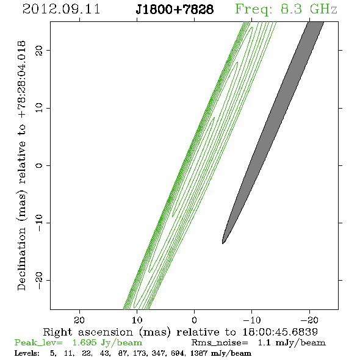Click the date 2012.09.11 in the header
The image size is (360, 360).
click(x=62, y=9)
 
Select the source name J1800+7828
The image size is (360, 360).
click(x=175, y=9)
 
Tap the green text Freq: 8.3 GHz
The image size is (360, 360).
click(x=286, y=10)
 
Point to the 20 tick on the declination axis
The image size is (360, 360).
click(x=39, y=50)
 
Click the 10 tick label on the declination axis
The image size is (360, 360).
click(x=39, y=108)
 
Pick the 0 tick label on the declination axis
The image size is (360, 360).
click(x=39, y=165)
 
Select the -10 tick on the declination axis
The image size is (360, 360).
click(x=39, y=223)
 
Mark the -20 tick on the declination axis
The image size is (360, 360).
click(x=39, y=281)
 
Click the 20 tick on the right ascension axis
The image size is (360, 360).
click(x=79, y=320)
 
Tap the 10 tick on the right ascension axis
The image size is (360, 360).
click(x=137, y=320)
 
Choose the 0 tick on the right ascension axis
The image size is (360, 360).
click(x=195, y=320)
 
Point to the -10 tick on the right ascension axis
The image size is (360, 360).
click(x=252, y=320)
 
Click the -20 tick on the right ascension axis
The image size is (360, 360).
click(x=309, y=320)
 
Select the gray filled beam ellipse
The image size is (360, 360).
click(x=273, y=132)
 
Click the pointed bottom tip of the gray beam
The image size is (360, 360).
click(x=223, y=243)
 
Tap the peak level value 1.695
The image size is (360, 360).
click(x=84, y=342)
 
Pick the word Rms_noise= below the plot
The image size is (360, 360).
click(x=220, y=343)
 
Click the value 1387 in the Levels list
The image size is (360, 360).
click(x=199, y=353)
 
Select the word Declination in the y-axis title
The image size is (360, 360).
click(x=21, y=259)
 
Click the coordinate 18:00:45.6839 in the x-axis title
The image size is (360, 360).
click(x=280, y=332)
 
